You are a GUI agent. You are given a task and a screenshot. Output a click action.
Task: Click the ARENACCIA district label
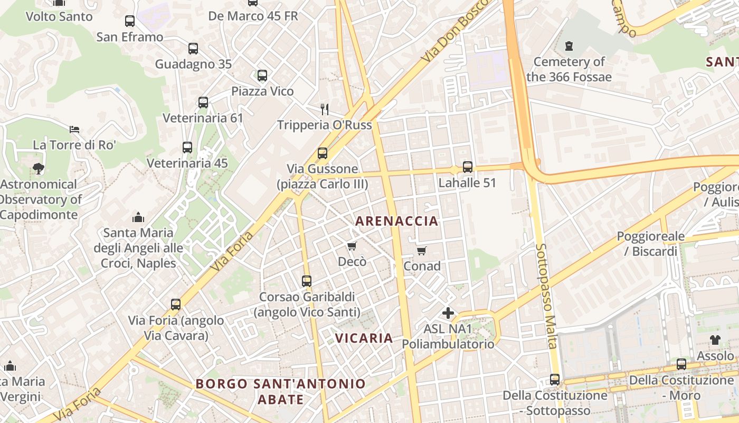397,221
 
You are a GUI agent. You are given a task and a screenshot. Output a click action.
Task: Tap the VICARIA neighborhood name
364,338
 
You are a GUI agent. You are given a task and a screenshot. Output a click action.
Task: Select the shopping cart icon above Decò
352,246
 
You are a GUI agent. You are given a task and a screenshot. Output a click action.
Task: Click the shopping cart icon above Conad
421,251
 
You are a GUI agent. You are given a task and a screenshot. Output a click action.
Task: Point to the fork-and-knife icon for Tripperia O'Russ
325,109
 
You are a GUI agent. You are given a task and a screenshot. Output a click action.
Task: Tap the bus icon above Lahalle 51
467,167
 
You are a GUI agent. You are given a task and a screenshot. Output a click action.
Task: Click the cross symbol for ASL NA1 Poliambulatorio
448,313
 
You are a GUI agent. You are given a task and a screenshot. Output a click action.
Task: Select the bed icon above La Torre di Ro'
74,129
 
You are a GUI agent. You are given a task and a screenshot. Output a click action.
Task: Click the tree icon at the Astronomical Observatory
38,169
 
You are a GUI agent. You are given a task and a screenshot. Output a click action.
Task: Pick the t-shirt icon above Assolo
715,340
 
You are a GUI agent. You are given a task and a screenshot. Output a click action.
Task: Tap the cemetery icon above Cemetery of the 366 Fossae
569,46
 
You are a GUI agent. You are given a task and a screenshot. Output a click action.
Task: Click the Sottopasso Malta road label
546,296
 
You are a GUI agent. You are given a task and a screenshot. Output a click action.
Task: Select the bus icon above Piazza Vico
262,76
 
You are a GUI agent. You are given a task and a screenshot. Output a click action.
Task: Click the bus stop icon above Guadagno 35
193,49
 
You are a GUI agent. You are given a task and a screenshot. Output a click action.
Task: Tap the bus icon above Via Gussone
322,153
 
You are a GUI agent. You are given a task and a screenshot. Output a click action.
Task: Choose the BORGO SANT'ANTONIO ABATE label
281,391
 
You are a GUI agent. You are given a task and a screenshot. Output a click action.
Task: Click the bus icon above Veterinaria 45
187,148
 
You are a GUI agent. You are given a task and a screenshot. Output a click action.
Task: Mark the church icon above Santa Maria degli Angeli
138,217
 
